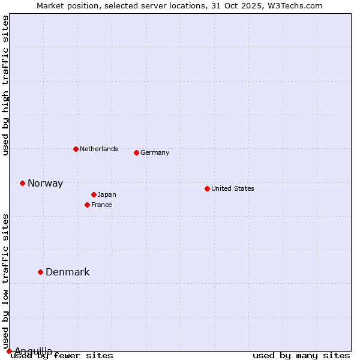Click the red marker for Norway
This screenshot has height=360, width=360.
22,183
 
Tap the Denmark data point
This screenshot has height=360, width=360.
41,272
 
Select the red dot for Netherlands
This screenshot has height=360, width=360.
76,149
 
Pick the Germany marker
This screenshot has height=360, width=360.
136,152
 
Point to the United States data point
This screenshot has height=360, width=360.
207,188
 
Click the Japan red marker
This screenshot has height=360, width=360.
94,194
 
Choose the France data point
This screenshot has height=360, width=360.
87,205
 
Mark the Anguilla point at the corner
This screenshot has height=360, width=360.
9,351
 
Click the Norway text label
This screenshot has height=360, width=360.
45,184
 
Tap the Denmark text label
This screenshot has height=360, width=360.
67,272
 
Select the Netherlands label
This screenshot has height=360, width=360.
99,149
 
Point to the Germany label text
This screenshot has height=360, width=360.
155,152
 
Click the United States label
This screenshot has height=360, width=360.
233,188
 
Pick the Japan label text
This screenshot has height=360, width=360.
107,194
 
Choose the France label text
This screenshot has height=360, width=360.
101,205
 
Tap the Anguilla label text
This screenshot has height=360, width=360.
33,351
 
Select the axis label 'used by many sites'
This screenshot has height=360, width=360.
301,356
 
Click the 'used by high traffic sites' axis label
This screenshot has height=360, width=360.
5,85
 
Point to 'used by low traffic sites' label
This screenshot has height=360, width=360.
5,281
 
